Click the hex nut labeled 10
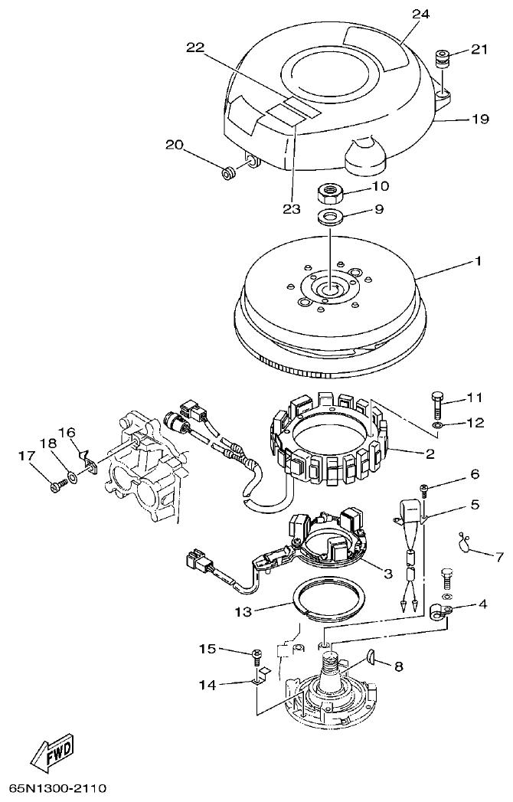330,189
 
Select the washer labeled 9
330,215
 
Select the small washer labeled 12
436,424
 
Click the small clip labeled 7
464,542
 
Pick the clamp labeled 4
439,611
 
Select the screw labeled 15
256,654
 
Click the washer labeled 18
71,477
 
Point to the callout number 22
195,47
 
